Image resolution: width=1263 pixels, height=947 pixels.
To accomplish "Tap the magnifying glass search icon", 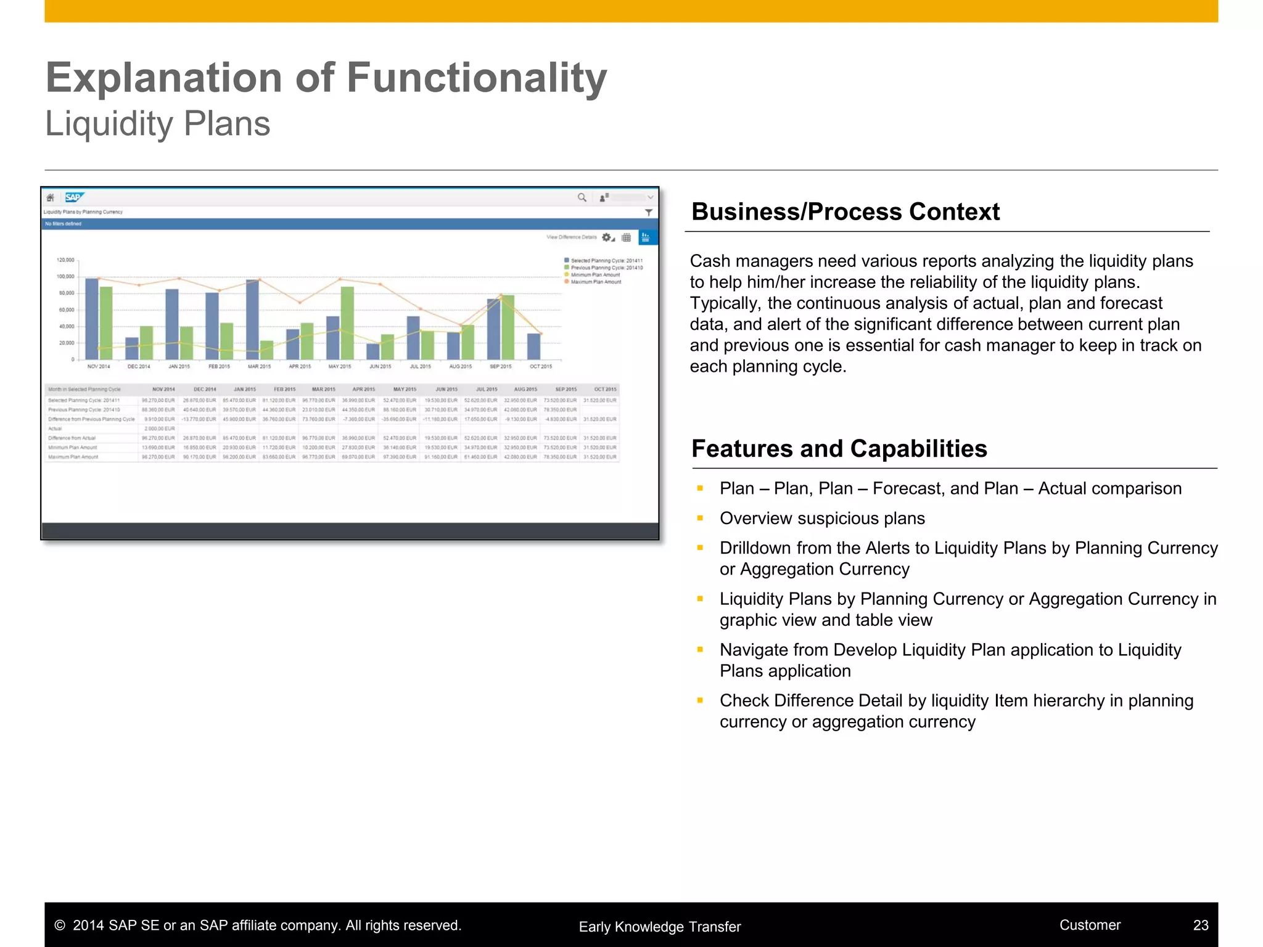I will [x=582, y=197].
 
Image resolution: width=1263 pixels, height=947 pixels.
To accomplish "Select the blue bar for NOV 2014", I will [x=91, y=319].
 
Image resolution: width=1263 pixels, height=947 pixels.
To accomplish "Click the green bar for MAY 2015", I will [x=347, y=323].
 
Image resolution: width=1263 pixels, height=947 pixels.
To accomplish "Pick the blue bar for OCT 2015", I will [x=533, y=346].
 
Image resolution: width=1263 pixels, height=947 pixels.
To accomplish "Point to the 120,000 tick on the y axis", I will [x=65, y=260].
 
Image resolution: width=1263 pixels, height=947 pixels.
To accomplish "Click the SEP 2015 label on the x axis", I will [x=500, y=367].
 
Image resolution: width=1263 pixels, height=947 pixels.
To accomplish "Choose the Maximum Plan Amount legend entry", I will [x=595, y=282].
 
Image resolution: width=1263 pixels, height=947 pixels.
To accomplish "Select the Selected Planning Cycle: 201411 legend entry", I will [x=606, y=261].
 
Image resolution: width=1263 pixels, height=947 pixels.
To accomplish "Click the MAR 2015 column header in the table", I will [x=323, y=390].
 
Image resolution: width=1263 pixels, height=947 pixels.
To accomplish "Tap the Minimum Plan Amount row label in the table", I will [x=73, y=448].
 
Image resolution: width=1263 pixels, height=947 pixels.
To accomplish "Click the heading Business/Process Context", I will [x=845, y=211].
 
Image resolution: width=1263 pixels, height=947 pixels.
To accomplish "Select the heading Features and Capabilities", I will [x=839, y=449].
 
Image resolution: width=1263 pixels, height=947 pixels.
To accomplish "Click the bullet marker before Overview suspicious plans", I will [x=700, y=519].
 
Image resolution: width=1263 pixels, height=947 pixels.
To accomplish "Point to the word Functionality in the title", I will [x=476, y=78].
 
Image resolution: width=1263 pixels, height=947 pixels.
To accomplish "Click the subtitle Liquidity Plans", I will [x=158, y=124].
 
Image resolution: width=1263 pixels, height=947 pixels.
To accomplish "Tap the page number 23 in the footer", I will [x=1200, y=925].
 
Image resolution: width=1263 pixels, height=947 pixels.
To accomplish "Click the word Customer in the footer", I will [x=1090, y=925].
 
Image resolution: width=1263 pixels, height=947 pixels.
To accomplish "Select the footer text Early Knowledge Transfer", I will [x=659, y=927].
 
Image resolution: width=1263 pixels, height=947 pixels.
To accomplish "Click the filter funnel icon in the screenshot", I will [x=649, y=212].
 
